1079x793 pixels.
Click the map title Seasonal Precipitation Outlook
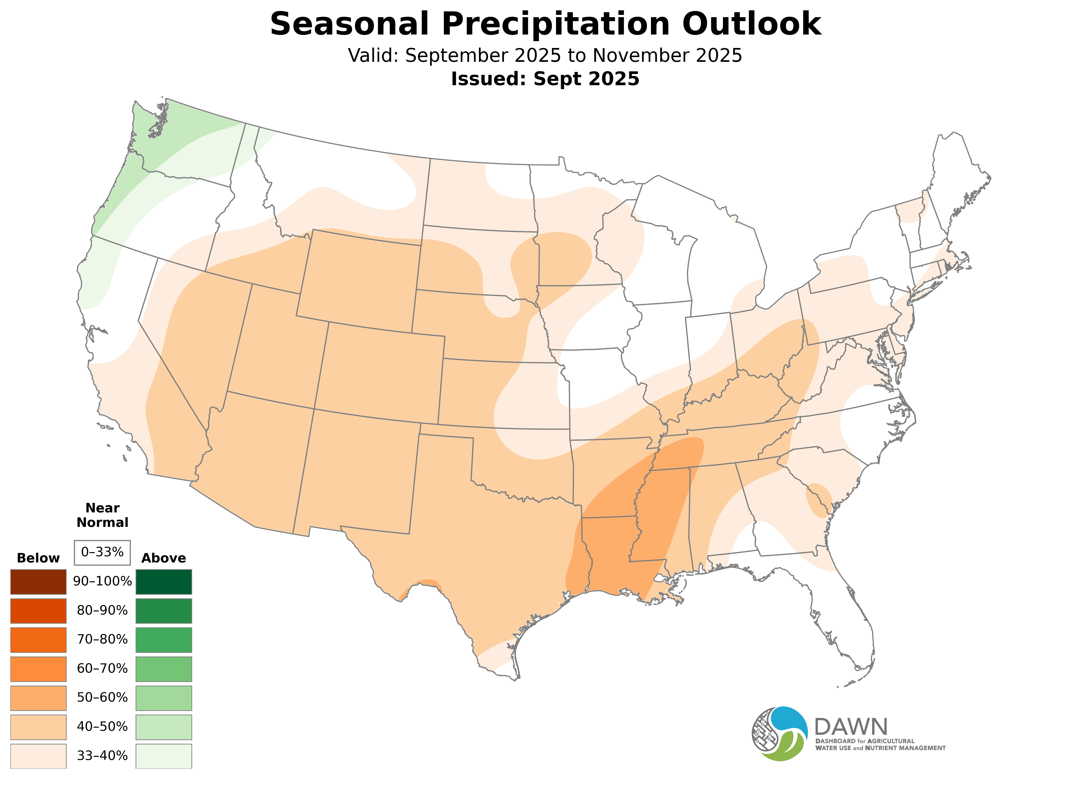tap(545, 24)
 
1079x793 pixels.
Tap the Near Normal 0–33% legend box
tap(102, 553)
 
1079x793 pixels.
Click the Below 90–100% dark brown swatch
tap(38, 582)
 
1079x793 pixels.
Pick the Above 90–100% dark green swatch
tap(164, 582)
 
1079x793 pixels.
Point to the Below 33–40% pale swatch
tap(38, 756)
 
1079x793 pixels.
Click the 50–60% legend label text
tap(102, 697)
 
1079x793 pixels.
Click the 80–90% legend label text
tap(102, 611)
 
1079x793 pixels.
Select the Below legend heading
tap(38, 558)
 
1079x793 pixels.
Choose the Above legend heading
tap(164, 558)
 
